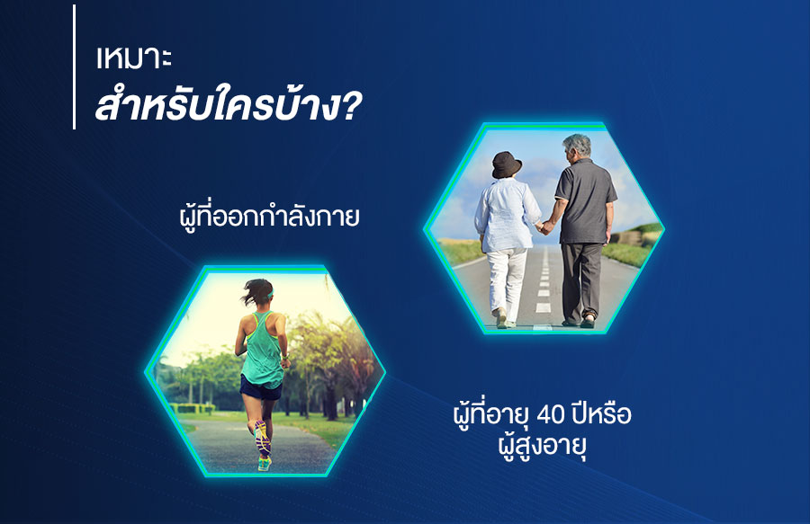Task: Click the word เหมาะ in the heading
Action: coord(134,58)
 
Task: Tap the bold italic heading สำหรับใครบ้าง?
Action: coord(229,104)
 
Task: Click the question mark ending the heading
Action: coord(351,107)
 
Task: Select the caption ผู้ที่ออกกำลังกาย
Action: coord(269,216)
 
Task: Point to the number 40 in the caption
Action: coord(552,414)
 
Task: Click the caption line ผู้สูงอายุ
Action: coord(542,446)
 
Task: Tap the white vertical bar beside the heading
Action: coord(75,67)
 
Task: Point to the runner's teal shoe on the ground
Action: coord(264,464)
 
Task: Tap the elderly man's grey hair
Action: coord(578,145)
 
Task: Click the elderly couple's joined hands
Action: coord(544,226)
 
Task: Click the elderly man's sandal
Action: coord(588,321)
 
